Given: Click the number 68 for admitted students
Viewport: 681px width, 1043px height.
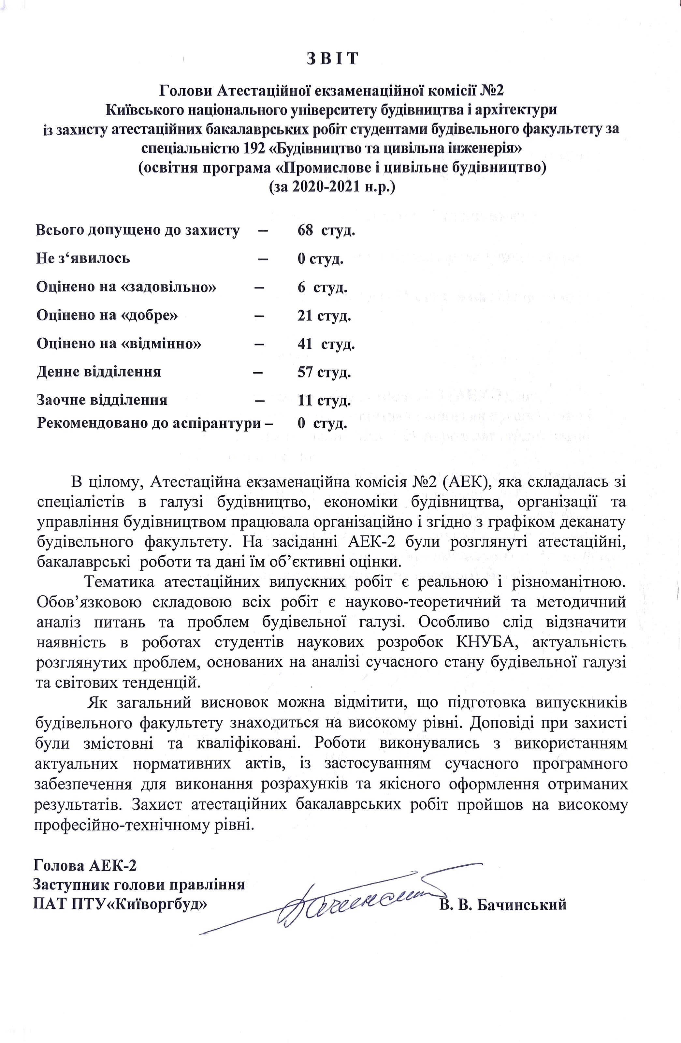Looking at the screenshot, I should [x=305, y=230].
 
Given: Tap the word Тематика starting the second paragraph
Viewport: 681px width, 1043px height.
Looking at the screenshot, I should [x=119, y=582].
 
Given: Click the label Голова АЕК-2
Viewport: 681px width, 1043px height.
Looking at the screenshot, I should [x=85, y=865].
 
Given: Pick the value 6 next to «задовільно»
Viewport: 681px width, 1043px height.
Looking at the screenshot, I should [x=301, y=287].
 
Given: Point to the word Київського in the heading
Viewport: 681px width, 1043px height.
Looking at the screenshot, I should [x=144, y=110].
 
